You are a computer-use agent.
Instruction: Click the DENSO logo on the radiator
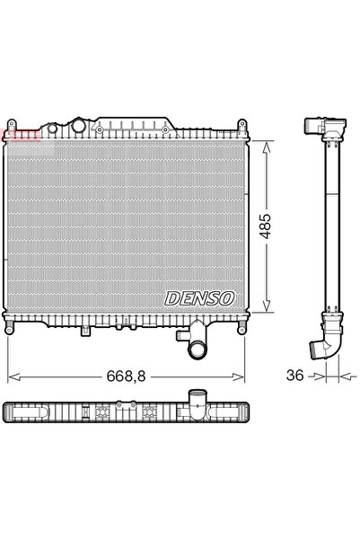(x=199, y=297)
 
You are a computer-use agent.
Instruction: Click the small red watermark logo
(x=20, y=135)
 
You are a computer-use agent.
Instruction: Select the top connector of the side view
(x=319, y=128)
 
